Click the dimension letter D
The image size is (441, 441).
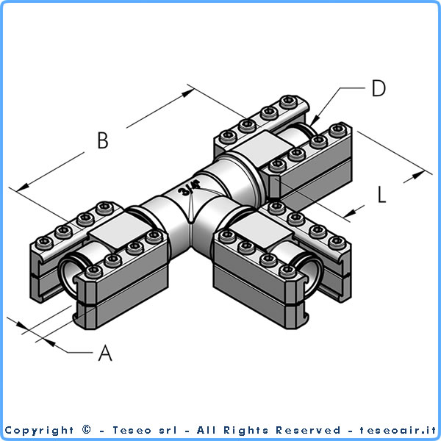click(x=378, y=89)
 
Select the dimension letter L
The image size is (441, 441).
click(x=381, y=195)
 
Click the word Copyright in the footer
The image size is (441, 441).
click(x=39, y=430)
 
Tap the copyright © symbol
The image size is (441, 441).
click(x=87, y=430)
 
